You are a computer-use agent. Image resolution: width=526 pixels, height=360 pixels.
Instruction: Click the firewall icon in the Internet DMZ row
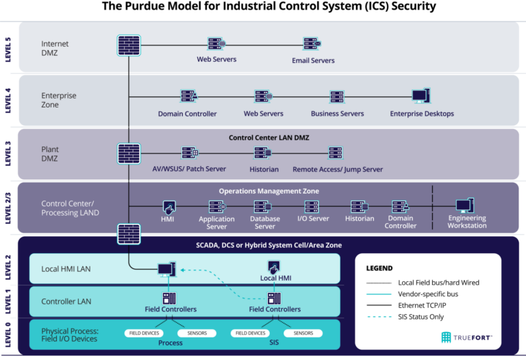[129, 45]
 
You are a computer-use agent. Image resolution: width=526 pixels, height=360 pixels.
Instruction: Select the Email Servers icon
[313, 45]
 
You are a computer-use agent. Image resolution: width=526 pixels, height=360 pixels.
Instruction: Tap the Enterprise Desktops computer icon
[421, 97]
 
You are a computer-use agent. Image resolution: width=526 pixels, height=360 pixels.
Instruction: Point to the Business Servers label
[337, 114]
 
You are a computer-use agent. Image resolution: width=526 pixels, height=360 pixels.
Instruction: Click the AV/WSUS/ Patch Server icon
[190, 153]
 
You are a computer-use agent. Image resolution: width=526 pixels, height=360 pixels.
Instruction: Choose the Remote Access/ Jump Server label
[337, 169]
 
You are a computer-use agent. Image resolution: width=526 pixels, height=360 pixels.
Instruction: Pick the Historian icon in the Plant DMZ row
[264, 153]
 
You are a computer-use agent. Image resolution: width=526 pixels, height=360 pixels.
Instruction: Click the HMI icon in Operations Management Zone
[168, 205]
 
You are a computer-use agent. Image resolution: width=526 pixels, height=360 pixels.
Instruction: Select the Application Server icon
[216, 205]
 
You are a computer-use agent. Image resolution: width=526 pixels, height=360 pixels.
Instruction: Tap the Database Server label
[265, 222]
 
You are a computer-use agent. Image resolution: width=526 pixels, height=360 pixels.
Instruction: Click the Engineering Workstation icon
[466, 205]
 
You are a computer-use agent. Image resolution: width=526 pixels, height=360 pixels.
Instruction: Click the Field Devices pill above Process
[146, 333]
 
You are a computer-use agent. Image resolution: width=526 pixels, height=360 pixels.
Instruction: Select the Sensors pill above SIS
[303, 333]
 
